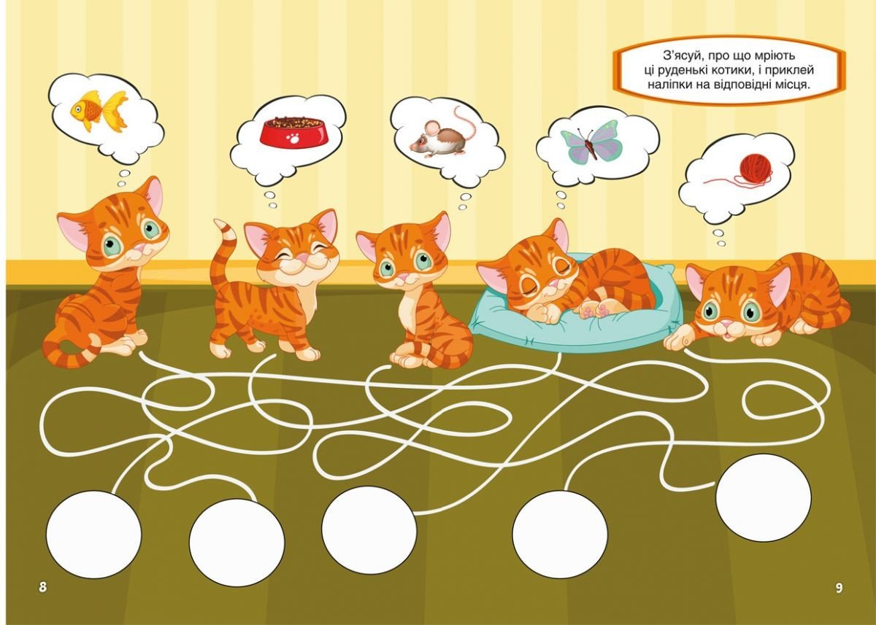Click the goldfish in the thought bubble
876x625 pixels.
pyautogui.click(x=99, y=111)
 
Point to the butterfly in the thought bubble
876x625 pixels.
pyautogui.click(x=591, y=141)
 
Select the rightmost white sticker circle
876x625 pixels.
pyautogui.click(x=764, y=497)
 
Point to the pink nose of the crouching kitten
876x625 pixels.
pyautogui.click(x=726, y=323)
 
